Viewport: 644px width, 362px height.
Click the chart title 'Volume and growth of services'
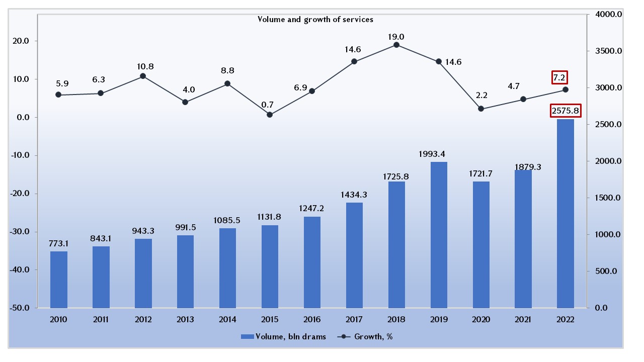[315, 20]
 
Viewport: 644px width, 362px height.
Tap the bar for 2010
[58, 280]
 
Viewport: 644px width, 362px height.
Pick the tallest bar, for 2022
[566, 214]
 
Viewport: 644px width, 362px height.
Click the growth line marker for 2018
[396, 45]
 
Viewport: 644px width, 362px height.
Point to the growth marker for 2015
[270, 115]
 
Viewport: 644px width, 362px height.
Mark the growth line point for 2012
[143, 76]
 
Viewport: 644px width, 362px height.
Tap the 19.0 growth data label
[396, 37]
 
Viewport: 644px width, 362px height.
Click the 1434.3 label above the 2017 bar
[354, 195]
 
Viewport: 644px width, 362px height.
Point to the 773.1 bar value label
[58, 243]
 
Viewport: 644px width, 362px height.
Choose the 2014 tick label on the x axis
[227, 319]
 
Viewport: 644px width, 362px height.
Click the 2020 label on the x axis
[481, 319]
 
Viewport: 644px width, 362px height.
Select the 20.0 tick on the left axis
[22, 41]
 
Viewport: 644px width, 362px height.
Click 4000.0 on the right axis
[609, 15]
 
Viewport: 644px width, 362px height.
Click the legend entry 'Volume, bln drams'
[284, 337]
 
